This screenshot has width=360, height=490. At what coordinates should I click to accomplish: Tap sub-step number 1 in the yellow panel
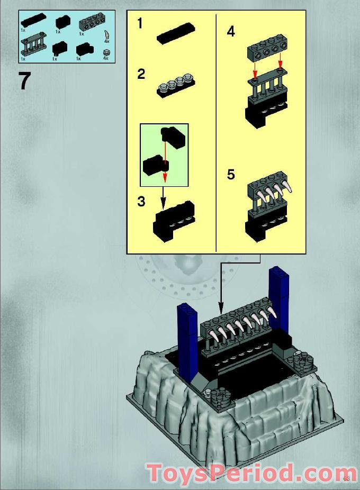point(140,23)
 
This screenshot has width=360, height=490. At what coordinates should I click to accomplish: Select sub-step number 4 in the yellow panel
point(231,32)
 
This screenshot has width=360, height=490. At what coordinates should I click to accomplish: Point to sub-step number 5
point(231,174)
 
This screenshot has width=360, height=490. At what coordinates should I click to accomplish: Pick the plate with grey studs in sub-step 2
point(176,87)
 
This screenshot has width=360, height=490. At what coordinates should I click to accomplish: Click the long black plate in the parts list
point(33,22)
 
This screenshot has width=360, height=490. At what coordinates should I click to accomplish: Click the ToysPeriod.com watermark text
point(251,473)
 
